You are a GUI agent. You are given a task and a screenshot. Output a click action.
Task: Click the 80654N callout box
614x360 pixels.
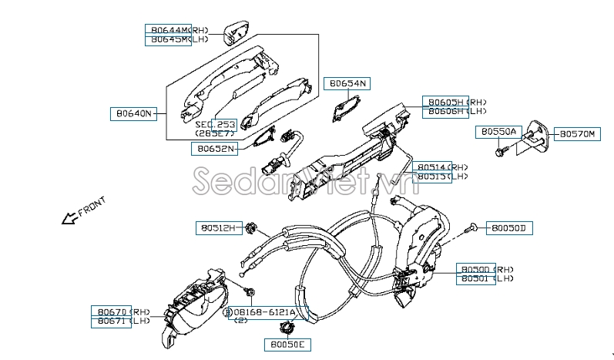tap(348, 82)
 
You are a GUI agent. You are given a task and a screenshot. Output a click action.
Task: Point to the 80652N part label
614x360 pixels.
tap(215, 149)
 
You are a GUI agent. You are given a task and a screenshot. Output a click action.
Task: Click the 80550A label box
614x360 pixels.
tap(498, 132)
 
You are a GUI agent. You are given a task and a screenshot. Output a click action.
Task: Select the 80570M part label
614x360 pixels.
tap(577, 133)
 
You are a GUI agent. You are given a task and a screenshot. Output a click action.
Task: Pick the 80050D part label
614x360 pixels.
tap(509, 228)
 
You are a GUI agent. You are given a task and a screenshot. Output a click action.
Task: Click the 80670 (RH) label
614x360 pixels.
tap(112, 311)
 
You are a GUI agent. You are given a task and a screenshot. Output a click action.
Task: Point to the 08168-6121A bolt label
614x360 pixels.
tap(267, 313)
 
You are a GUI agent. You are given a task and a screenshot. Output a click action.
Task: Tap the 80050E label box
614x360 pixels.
tap(288, 345)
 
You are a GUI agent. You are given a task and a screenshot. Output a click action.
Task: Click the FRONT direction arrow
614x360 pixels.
tap(69, 217)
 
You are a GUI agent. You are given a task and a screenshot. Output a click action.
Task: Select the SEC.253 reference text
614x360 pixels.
tap(215, 124)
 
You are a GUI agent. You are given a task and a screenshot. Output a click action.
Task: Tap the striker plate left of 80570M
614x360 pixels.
tap(536, 138)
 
